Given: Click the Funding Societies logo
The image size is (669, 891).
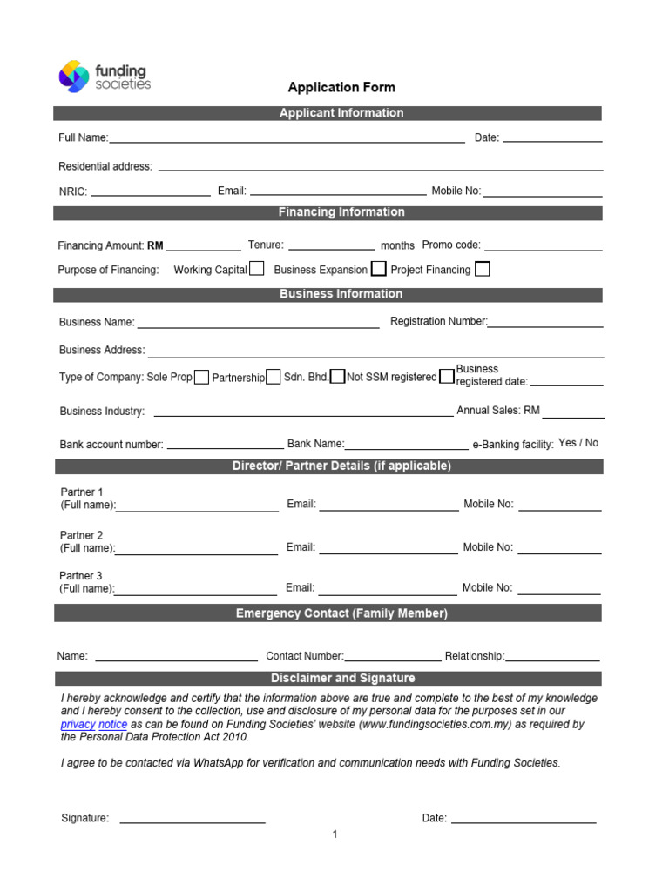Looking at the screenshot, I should coord(104,77).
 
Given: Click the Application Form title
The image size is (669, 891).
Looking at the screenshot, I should coord(341,87).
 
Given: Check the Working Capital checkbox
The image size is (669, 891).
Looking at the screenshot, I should coord(257,269).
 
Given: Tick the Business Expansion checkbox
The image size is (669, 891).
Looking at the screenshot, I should coord(379,269).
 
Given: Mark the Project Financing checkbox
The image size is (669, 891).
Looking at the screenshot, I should coord(482,269).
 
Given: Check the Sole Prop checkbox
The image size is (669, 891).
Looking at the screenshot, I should coord(201,377).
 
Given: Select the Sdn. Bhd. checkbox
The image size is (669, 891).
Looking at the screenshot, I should coord(338,377).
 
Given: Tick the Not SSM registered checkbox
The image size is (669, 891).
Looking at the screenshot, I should coord(446,377).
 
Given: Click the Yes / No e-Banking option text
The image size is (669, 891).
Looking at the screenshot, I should coord(578,443).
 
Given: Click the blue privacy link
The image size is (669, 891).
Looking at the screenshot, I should coord(78,724).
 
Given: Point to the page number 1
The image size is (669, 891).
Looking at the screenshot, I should coord(334,834).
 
